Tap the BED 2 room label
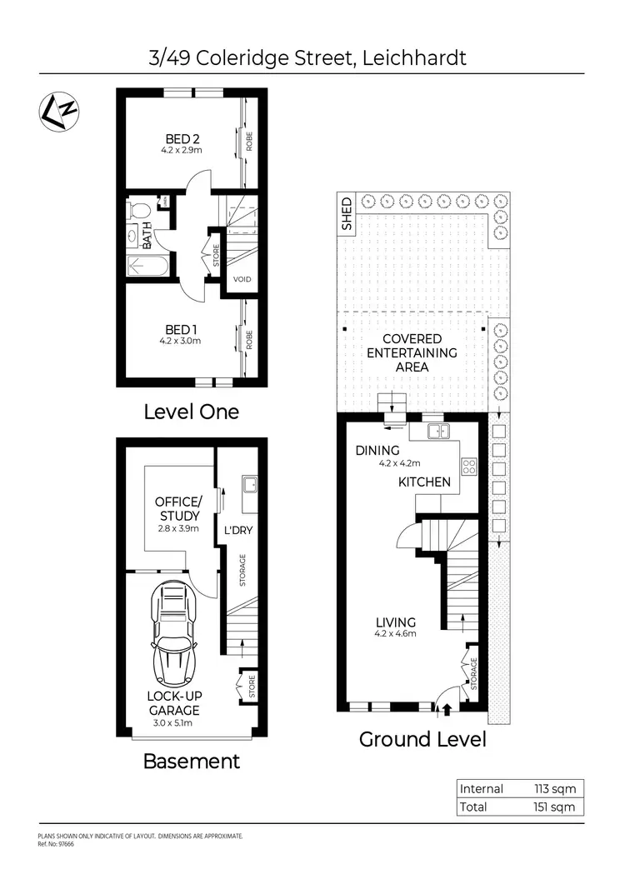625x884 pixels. click(181, 138)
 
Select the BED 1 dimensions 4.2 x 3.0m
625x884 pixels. click(181, 340)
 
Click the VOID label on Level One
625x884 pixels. click(242, 279)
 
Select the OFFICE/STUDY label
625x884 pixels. click(178, 509)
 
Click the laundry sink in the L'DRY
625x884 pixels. click(247, 483)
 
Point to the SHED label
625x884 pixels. click(347, 214)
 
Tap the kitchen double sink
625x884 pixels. click(438, 431)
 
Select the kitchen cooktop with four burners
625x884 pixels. click(469, 467)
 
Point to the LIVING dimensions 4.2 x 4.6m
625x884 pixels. click(395, 634)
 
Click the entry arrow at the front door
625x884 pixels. click(446, 710)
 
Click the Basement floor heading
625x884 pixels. click(192, 761)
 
